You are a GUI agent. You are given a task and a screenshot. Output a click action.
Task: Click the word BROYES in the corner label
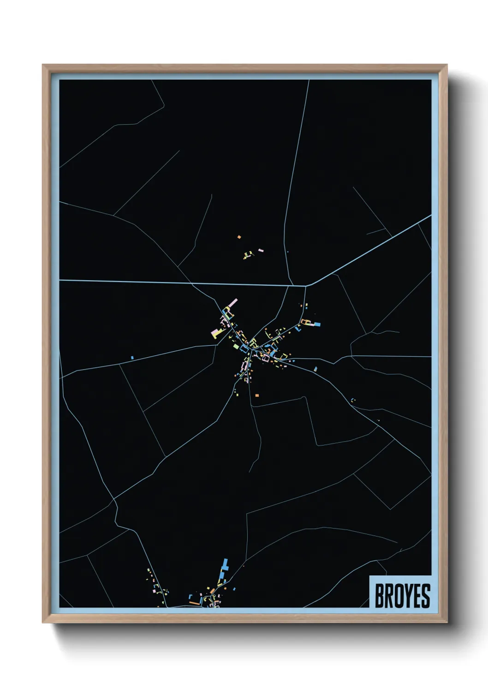(402, 596)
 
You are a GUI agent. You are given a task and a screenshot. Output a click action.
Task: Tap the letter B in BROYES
(380, 596)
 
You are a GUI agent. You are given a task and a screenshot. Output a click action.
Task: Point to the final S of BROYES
(425, 596)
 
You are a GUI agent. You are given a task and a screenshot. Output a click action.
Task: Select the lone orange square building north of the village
(239, 237)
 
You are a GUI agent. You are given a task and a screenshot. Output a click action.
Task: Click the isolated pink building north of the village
(261, 251)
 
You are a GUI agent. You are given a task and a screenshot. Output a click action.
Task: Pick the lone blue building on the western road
(132, 357)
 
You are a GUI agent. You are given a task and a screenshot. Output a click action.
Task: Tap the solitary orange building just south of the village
(257, 395)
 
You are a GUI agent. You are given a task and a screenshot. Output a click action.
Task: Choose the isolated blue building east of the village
(315, 369)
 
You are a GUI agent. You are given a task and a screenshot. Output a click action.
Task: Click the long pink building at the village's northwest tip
(233, 302)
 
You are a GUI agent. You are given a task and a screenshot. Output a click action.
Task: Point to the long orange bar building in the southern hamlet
(194, 603)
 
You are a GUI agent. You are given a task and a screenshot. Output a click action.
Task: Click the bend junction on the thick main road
(306, 286)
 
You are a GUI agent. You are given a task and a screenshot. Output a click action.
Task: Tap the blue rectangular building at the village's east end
(317, 324)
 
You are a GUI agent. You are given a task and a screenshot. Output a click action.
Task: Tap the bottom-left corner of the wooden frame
(43, 622)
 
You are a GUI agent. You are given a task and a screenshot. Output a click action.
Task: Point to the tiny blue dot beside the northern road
(287, 252)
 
